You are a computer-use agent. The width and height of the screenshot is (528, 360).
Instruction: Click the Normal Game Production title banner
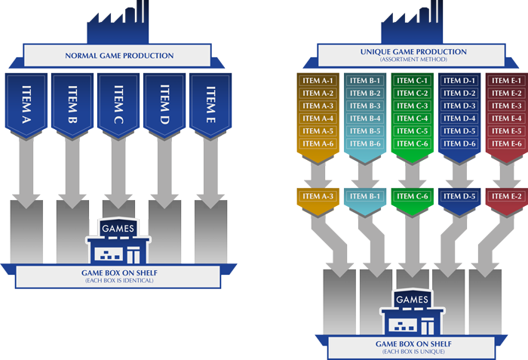pos(119,56)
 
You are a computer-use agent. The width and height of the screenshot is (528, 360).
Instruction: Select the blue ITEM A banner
pos(26,104)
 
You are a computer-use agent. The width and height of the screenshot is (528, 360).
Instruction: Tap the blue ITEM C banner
pos(119,104)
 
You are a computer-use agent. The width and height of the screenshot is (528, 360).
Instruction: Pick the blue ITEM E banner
pos(212,104)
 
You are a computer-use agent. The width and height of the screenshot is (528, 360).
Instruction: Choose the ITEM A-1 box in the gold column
pos(318,81)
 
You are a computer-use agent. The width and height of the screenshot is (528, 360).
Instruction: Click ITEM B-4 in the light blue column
pos(365,118)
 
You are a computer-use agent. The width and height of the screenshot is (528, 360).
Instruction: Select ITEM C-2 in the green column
pos(412,94)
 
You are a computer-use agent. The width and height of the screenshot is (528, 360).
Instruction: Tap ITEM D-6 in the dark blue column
pos(459,144)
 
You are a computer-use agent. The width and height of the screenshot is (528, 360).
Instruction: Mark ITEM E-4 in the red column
pos(506,118)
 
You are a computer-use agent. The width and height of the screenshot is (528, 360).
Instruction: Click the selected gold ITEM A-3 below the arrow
pos(318,197)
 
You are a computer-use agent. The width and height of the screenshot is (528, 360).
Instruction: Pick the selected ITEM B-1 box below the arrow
pos(365,197)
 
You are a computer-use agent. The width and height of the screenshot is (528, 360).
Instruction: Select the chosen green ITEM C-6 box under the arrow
pos(412,197)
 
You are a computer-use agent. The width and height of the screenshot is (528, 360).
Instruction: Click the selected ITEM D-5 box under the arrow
pos(459,197)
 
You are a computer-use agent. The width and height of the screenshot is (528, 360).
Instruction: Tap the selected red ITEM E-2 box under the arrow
pos(506,197)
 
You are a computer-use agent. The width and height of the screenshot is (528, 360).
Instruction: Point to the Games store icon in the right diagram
pos(412,313)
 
